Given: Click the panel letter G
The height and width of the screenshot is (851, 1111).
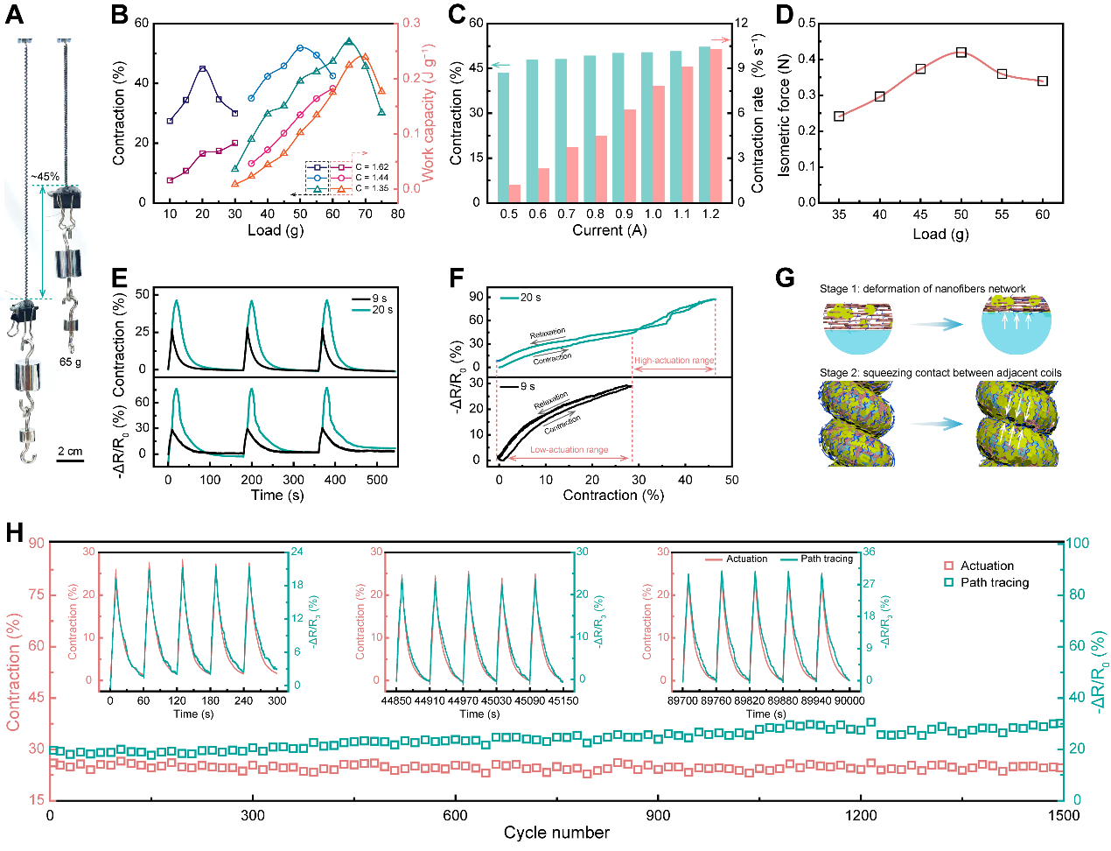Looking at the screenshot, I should coord(785,278).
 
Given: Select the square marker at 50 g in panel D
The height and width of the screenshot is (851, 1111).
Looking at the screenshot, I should coord(961,53).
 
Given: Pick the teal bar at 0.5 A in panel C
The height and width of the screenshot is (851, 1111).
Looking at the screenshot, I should coord(503,137).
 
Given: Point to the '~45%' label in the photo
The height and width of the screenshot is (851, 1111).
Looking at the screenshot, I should coord(45,177).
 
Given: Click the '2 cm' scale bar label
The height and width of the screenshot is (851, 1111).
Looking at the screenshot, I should coord(70,452).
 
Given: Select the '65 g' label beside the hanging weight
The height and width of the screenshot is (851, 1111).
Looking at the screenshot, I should coord(71,362).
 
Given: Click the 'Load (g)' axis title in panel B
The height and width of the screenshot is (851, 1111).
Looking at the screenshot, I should coord(276,230).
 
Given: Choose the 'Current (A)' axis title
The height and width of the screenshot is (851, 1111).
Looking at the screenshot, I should coord(610,230).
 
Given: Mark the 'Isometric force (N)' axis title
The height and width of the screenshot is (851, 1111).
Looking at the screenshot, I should coord(784,115).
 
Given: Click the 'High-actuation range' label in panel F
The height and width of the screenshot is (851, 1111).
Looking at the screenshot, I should coord(674,361).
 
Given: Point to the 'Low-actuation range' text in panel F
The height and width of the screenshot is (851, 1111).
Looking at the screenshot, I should coord(569,450).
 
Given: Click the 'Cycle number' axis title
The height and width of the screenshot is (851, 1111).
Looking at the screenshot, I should coord(556,833).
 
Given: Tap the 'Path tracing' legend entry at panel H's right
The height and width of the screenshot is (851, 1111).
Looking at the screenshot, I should coord(995,582).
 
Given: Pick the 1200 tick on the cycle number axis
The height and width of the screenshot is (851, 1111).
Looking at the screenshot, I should coord(861,815).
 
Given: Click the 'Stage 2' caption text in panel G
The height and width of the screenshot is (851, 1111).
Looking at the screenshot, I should coord(940,373).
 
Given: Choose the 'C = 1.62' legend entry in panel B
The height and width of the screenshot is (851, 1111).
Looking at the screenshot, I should coord(372,167).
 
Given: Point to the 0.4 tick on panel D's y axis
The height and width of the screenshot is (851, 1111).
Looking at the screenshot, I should coord(807,60).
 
